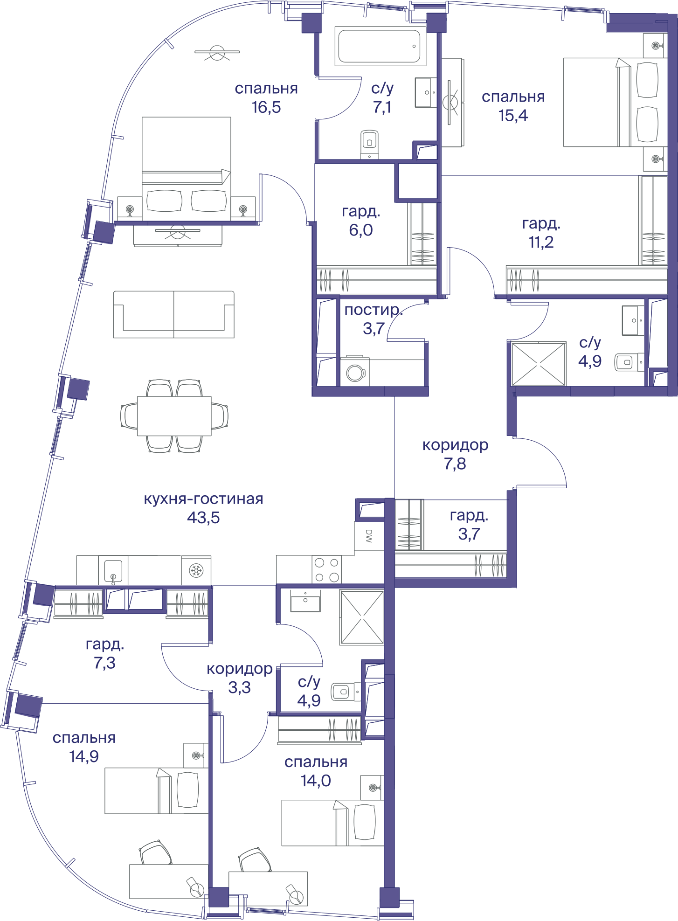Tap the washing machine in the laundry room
click(355, 372)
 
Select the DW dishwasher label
click(369, 536)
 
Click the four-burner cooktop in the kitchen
click(326, 569)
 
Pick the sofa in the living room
click(174, 314)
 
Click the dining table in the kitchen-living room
click(174, 416)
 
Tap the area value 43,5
click(203, 518)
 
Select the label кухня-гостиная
click(203, 499)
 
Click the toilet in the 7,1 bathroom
click(369, 144)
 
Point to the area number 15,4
click(513, 116)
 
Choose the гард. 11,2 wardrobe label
click(541, 233)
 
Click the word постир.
click(373, 310)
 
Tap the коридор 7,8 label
click(455, 455)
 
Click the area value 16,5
click(266, 107)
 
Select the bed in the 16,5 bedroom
click(186, 169)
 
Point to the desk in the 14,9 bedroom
click(168, 881)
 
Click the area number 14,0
click(316, 781)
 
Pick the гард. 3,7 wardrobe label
click(469, 525)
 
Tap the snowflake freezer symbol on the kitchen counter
click(196, 570)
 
